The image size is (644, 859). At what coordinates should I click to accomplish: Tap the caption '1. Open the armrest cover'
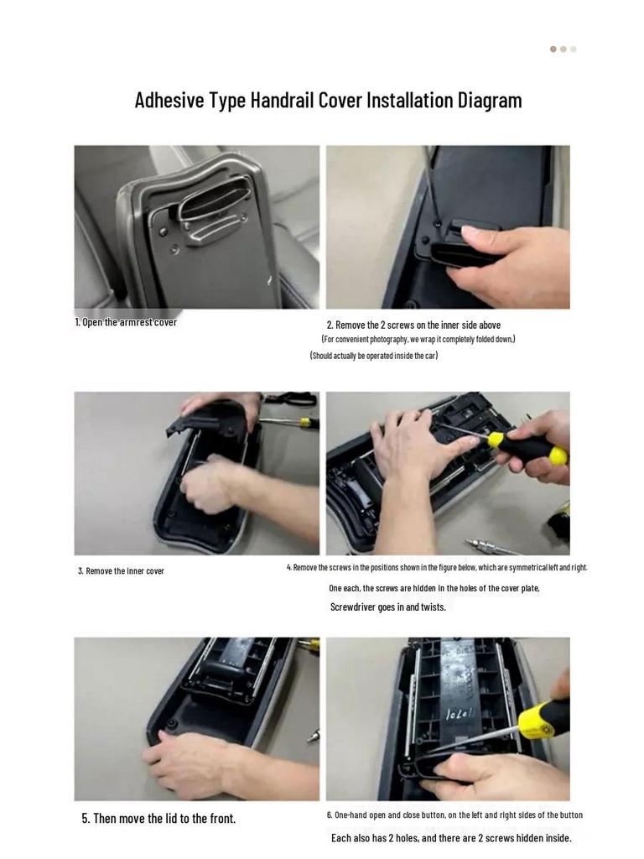click(126, 322)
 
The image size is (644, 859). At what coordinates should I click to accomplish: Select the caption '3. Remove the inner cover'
click(121, 570)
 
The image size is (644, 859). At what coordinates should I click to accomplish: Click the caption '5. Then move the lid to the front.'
click(158, 819)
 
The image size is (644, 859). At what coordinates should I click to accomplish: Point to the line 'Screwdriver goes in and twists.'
click(388, 607)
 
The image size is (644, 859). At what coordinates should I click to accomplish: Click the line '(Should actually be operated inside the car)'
click(374, 356)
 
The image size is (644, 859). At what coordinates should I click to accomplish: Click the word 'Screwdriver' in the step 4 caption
click(352, 607)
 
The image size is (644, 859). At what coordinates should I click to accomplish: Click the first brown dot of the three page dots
click(553, 49)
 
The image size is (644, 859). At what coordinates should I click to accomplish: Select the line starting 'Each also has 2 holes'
click(451, 838)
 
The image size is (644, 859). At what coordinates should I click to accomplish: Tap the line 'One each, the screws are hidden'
click(434, 588)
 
